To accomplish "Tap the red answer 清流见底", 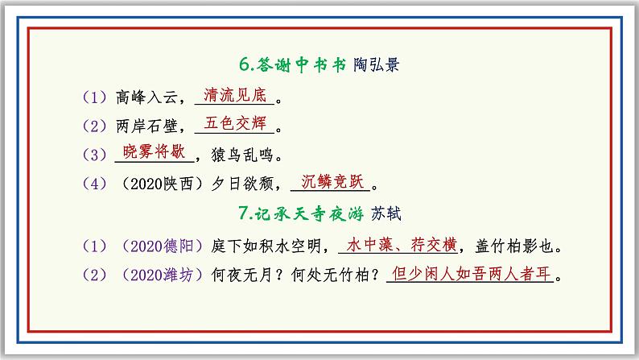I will pos(235,95).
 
